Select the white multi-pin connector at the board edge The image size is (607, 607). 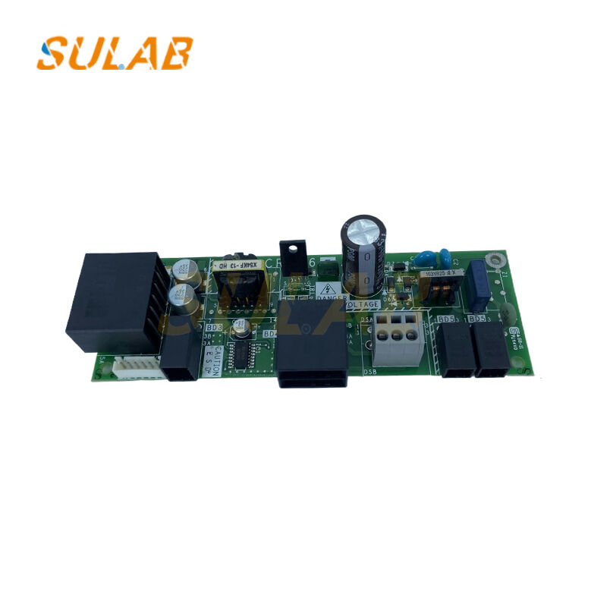coord(137,369)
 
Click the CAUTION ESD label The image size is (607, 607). coord(217,359)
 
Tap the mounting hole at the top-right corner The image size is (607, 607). coord(497,262)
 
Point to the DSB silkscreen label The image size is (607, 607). coord(370,371)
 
